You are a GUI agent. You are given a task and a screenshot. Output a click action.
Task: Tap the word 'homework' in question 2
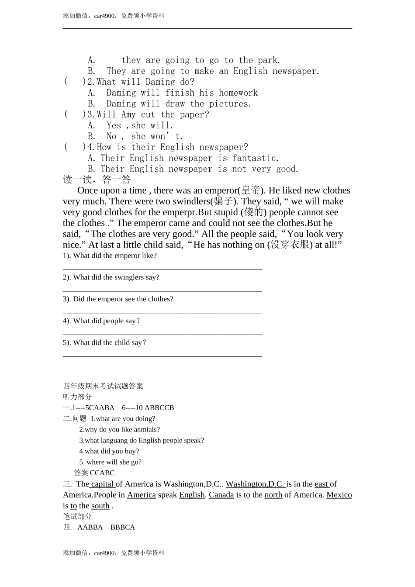[x=238, y=93]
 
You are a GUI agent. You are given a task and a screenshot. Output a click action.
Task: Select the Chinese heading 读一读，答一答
[x=97, y=180]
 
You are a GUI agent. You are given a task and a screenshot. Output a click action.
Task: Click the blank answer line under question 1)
[x=163, y=269]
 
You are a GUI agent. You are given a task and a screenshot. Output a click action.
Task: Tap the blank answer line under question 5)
[x=163, y=356]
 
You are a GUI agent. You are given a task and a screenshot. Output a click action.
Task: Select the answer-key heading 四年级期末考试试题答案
[x=103, y=386]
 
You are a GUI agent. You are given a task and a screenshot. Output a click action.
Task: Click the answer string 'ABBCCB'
[x=159, y=407]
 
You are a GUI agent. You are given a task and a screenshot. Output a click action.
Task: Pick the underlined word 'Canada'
[x=221, y=495]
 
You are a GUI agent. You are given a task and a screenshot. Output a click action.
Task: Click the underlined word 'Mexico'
[x=339, y=495]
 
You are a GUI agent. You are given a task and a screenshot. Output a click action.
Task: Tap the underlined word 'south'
[x=100, y=506]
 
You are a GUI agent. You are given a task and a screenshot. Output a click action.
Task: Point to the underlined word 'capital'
[x=102, y=484]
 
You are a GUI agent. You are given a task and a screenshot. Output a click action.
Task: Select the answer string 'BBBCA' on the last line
[x=123, y=527]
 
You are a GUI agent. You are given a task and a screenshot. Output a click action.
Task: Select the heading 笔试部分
[x=77, y=516]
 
